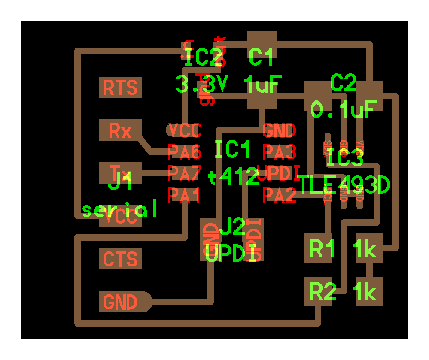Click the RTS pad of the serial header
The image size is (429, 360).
(120, 88)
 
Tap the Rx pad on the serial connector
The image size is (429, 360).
(120, 130)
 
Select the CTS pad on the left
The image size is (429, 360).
(120, 259)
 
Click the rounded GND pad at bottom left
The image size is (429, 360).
(122, 302)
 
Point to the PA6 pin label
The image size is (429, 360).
(184, 151)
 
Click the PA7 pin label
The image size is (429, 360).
(184, 173)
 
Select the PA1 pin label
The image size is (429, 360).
(184, 195)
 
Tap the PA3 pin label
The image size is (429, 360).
(279, 151)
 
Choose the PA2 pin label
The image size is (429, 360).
(279, 195)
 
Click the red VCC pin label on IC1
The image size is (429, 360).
(184, 130)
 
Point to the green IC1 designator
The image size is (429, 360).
(232, 149)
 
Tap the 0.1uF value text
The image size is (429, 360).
(344, 110)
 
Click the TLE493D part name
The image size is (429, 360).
(344, 185)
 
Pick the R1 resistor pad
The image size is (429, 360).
(320, 248)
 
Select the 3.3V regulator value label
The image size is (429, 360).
(201, 84)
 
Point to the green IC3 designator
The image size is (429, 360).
(344, 159)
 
